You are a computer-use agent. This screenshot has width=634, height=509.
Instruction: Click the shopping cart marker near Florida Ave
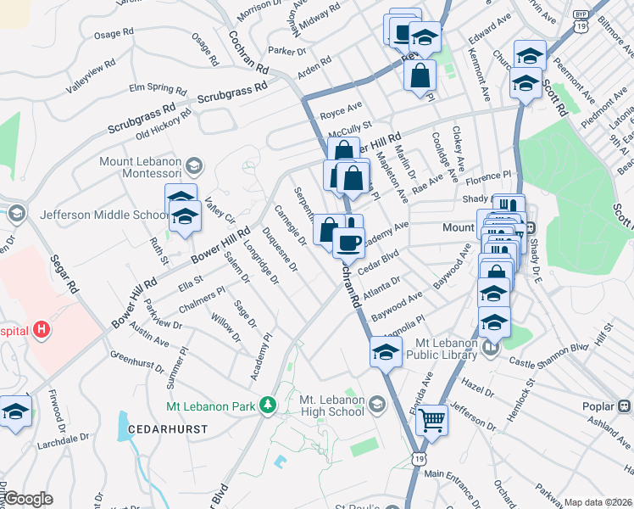pos(432,419)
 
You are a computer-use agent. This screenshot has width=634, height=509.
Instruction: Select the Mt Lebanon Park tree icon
pos(269,406)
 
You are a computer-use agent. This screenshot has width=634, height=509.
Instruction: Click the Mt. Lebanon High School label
pos(332,406)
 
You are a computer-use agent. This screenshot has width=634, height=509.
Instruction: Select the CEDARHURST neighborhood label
pos(168,430)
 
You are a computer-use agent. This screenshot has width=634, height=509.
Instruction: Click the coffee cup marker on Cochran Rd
pos(348,243)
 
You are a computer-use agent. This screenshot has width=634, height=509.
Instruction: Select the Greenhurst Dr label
pos(137,361)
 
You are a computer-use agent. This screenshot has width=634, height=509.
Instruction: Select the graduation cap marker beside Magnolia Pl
pos(386,352)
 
